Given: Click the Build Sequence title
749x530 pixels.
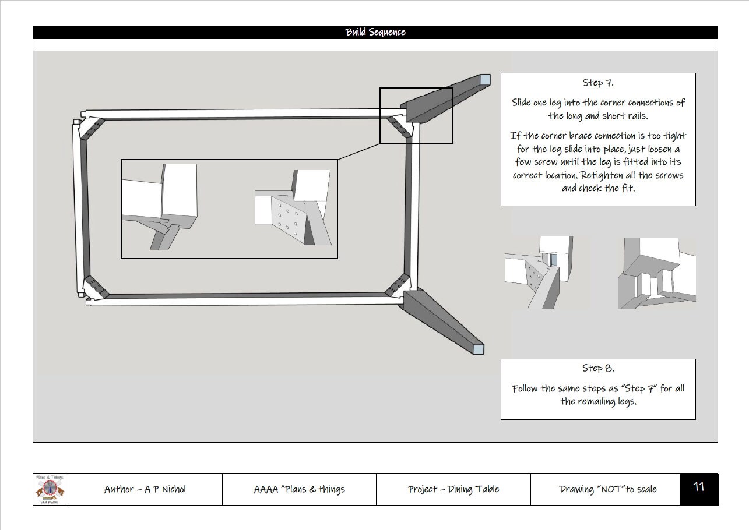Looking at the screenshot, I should [x=375, y=32].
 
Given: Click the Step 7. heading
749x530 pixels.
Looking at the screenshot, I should [x=597, y=83].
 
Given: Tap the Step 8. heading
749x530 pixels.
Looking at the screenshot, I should [x=597, y=368].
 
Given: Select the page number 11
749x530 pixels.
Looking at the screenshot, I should [x=698, y=487].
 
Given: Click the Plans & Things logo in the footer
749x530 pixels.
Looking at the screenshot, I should [x=50, y=489].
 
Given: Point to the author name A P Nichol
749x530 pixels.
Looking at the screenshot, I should [x=145, y=489].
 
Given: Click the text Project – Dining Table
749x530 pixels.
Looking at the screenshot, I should [x=453, y=489].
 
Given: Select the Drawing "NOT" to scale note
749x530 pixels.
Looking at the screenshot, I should [x=607, y=489].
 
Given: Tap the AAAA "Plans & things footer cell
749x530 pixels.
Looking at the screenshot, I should [x=299, y=489].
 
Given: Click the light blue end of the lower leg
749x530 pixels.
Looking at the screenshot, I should [x=478, y=349].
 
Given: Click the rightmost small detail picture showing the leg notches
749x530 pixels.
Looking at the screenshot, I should [x=656, y=273].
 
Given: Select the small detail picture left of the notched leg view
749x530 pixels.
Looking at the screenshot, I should [x=547, y=273].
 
